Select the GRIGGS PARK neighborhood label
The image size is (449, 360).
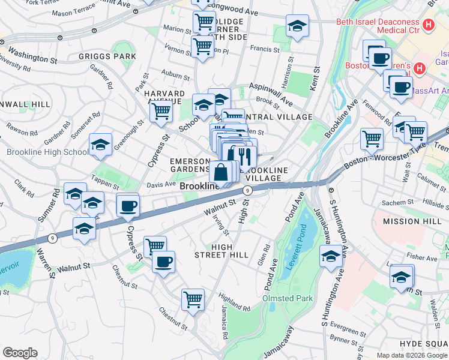pyautogui.click(x=107, y=56)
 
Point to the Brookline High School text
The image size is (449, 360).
pyautogui.click(x=47, y=152)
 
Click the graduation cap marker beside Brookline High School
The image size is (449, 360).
pyautogui.click(x=100, y=145)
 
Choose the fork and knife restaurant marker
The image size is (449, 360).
pyautogui.click(x=245, y=157)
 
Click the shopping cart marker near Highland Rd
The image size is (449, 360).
pyautogui.click(x=193, y=299)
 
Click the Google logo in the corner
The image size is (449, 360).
pyautogui.click(x=20, y=353)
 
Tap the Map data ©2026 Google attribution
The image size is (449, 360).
pyautogui.click(x=412, y=355)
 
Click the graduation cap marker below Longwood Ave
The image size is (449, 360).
pyautogui.click(x=296, y=26)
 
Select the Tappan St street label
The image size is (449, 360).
pyautogui.click(x=105, y=178)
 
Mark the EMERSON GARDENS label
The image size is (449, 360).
pyautogui.click(x=190, y=166)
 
